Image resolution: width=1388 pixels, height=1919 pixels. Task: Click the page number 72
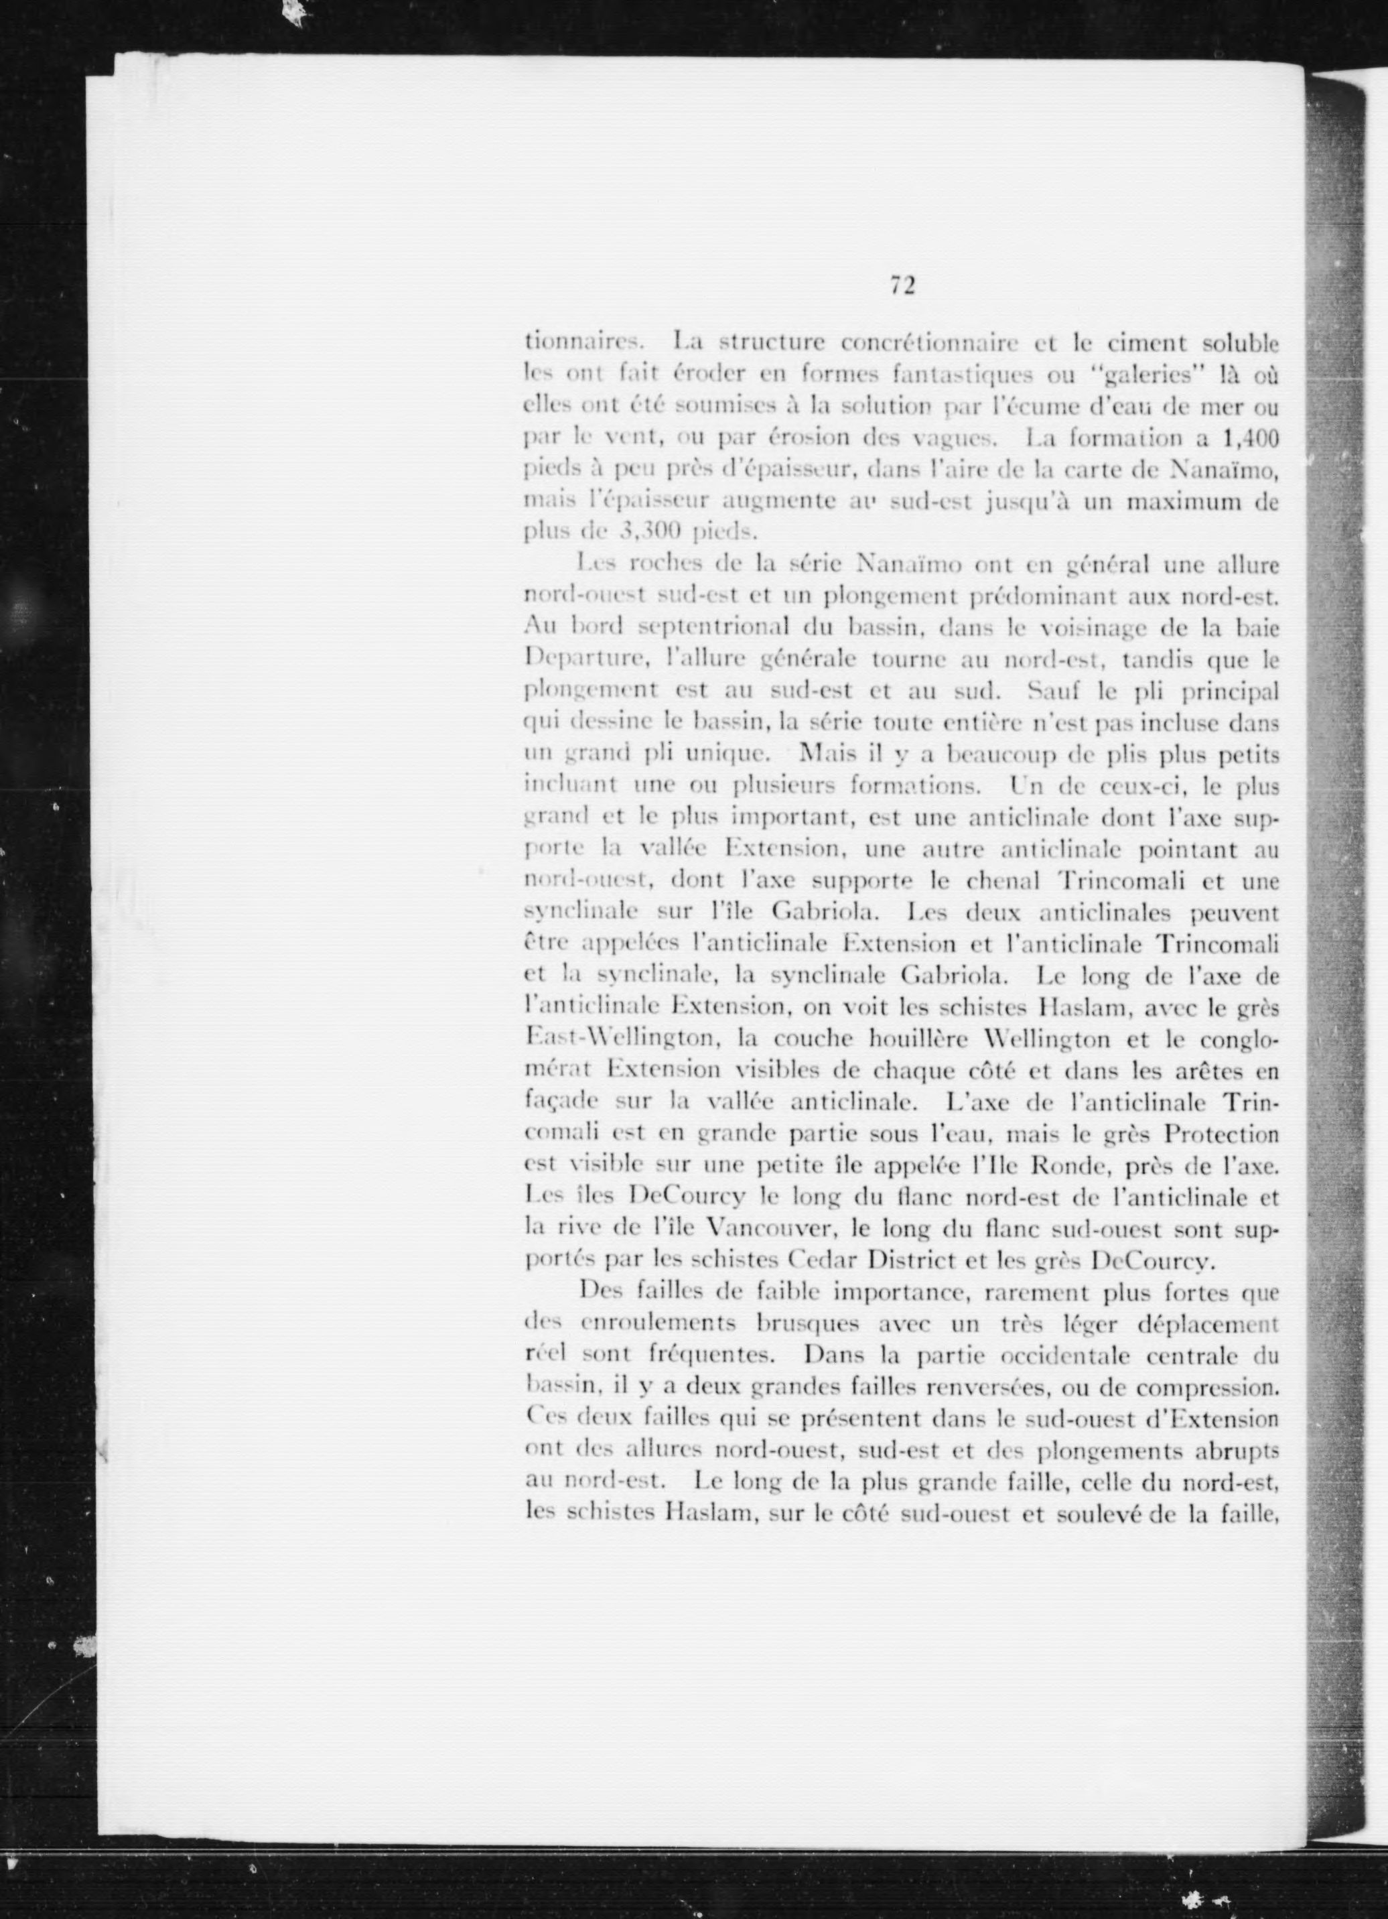tap(902, 286)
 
